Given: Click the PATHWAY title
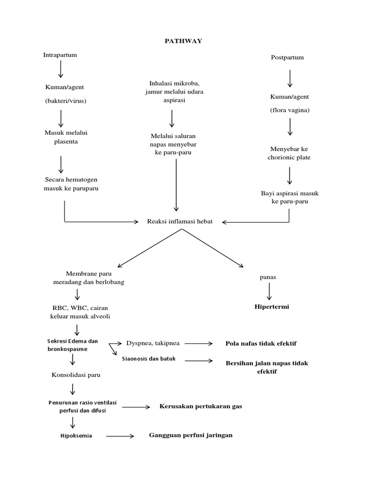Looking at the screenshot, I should pyautogui.click(x=183, y=41).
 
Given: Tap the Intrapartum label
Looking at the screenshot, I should pyautogui.click(x=60, y=55).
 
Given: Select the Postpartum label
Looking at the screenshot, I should pyautogui.click(x=287, y=57).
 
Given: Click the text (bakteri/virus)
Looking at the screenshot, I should pyautogui.click(x=66, y=101).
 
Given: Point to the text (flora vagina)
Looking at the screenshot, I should pyautogui.click(x=289, y=110).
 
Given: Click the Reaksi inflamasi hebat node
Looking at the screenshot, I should pyautogui.click(x=180, y=221).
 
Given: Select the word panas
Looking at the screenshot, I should pyautogui.click(x=268, y=277).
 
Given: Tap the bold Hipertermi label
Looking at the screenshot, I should pyautogui.click(x=271, y=307).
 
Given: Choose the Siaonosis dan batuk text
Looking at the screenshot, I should pyautogui.click(x=149, y=359).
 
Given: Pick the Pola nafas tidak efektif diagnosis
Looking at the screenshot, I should pyautogui.click(x=264, y=343).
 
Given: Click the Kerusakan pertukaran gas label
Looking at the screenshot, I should pyautogui.click(x=201, y=406).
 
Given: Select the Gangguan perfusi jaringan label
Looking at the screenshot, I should pyautogui.click(x=191, y=435).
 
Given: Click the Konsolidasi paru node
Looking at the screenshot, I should pyautogui.click(x=76, y=375).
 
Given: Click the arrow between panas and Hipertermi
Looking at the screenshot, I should pyautogui.click(x=269, y=292).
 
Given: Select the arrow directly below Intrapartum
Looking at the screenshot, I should pyautogui.click(x=61, y=70).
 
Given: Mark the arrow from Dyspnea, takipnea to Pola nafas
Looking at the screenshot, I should pyautogui.click(x=198, y=343).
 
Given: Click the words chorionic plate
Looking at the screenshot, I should pyautogui.click(x=289, y=158).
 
